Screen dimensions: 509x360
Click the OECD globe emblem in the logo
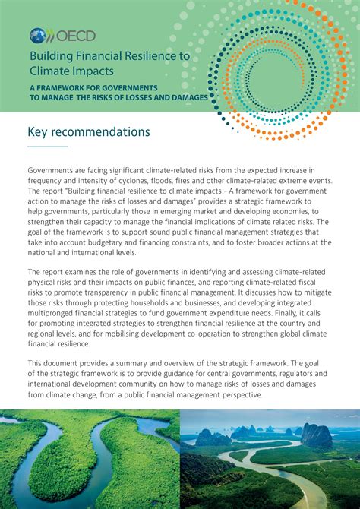click(37, 35)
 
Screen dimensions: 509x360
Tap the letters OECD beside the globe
click(62, 35)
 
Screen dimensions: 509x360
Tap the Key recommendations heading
click(89, 132)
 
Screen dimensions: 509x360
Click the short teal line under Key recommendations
click(48, 146)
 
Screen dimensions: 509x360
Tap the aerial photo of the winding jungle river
click(89, 459)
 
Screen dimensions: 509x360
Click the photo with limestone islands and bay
click(270, 459)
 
